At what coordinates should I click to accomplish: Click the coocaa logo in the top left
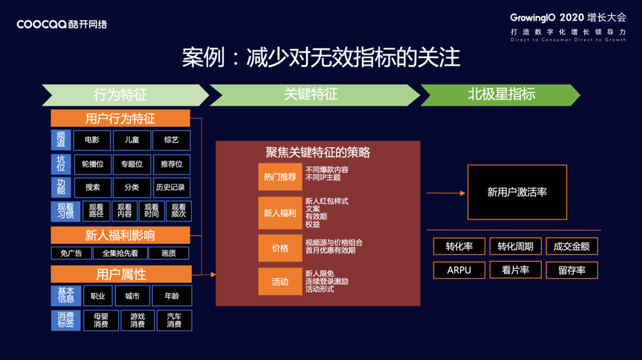click(x=61, y=24)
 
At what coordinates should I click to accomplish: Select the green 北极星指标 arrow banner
click(x=501, y=95)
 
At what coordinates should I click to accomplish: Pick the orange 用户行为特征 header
click(x=120, y=118)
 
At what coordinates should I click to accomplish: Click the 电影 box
click(x=92, y=140)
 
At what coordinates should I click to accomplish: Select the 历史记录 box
click(x=170, y=187)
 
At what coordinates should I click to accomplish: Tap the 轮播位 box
click(x=92, y=164)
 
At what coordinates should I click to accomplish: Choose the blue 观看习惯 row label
click(x=61, y=210)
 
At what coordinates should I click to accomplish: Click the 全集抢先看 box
click(x=120, y=253)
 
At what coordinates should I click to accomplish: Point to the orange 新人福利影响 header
click(x=120, y=235)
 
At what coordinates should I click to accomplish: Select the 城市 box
click(x=132, y=296)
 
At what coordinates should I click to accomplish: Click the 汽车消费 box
click(x=174, y=321)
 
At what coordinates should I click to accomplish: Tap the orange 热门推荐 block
click(x=280, y=177)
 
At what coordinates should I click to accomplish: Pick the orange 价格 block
click(x=280, y=248)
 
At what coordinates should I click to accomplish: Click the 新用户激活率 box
click(x=517, y=192)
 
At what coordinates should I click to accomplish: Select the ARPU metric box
click(x=459, y=270)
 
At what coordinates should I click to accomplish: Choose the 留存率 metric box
click(x=572, y=270)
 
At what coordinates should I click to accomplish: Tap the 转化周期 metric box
click(x=515, y=246)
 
